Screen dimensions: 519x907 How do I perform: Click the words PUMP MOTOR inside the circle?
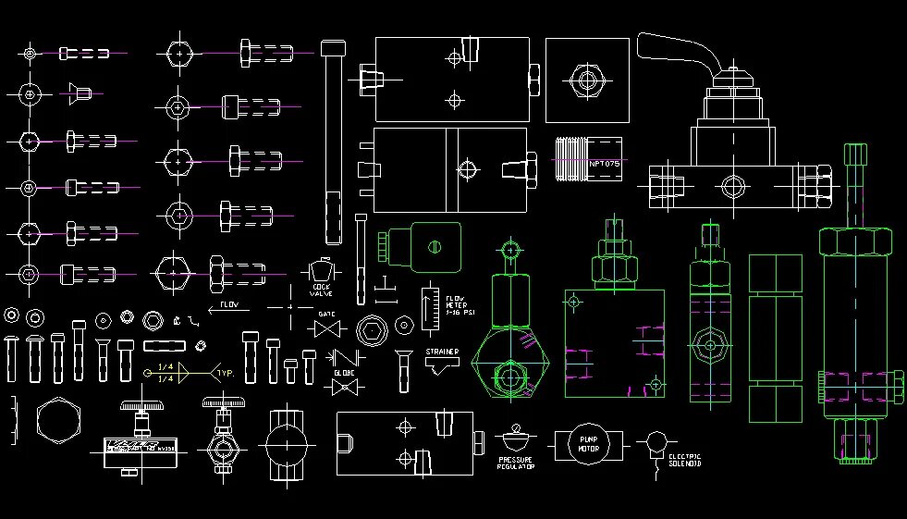588,445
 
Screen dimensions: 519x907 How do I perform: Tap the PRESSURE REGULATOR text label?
516,463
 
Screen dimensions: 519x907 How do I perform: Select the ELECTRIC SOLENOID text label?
685,460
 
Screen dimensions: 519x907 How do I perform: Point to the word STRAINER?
442,352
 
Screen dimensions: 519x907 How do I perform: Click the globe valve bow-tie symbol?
344,388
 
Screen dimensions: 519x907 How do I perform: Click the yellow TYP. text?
224,375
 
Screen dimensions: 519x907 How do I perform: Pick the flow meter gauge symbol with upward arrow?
429,309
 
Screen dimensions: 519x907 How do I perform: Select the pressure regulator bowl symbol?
516,436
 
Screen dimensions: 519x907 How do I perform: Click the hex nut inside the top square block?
586,80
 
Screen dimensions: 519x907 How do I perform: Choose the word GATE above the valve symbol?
326,314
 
